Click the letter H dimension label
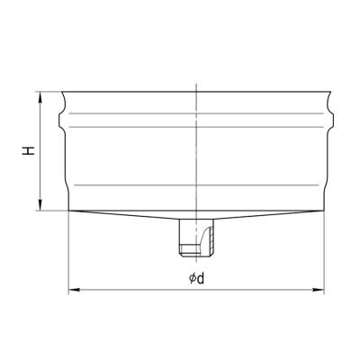click(x=29, y=151)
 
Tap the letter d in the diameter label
click(x=201, y=279)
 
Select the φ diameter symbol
click(x=193, y=279)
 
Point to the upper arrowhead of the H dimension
click(x=40, y=96)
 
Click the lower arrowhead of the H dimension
click(x=40, y=205)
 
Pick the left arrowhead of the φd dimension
click(x=74, y=290)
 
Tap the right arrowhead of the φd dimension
click(x=319, y=290)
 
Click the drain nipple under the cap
click(x=196, y=238)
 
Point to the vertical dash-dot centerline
click(x=196, y=171)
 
